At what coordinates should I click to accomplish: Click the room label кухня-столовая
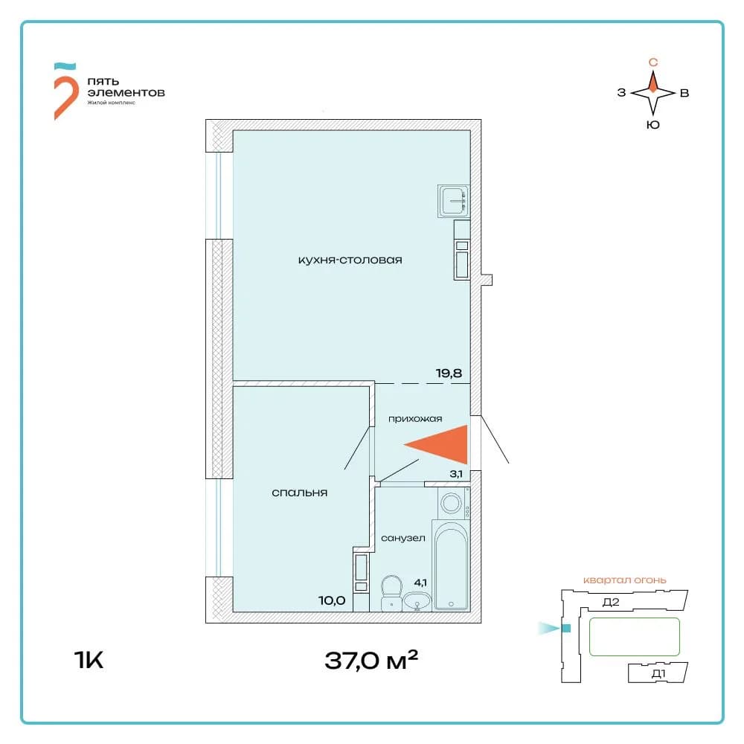(x=350, y=260)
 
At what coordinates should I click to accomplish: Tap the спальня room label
(x=299, y=493)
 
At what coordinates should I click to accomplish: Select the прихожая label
(x=415, y=418)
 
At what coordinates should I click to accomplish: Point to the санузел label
(x=403, y=538)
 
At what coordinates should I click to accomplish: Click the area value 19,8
(x=449, y=373)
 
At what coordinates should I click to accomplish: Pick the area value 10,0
(x=332, y=600)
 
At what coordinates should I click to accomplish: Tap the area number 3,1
(x=456, y=473)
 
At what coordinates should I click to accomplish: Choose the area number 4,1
(x=420, y=583)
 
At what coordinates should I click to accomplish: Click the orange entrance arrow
(x=435, y=445)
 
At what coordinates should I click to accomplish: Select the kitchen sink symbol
(x=454, y=201)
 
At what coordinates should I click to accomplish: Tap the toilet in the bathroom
(x=391, y=593)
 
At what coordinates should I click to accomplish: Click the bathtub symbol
(x=451, y=565)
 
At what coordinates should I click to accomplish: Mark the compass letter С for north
(x=653, y=62)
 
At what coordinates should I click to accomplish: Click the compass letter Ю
(x=653, y=125)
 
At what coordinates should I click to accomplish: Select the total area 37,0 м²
(x=371, y=660)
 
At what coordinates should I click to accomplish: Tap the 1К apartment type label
(x=89, y=660)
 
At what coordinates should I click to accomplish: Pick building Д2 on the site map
(x=611, y=602)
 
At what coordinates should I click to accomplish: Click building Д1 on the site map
(x=658, y=673)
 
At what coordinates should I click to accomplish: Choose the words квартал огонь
(x=624, y=580)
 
